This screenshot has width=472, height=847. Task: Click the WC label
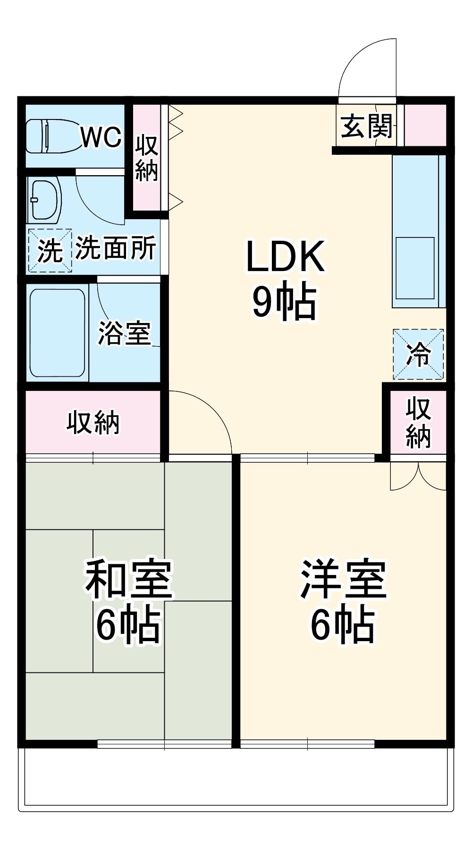coord(101,137)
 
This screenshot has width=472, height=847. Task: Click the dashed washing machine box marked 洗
coord(50,251)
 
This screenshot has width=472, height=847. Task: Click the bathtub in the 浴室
coord(58,333)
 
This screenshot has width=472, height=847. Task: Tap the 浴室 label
coord(124,333)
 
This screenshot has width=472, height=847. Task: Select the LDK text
coord(285,256)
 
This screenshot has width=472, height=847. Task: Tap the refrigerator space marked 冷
coord(418,355)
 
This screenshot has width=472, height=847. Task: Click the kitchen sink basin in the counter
coord(415,268)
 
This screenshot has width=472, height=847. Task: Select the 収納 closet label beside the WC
coord(147,158)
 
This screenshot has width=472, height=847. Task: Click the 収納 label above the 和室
coord(93,422)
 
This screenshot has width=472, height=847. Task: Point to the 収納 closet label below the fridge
coord(418,423)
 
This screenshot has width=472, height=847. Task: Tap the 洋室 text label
coord(344,578)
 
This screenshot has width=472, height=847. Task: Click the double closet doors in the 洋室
coord(418,476)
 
